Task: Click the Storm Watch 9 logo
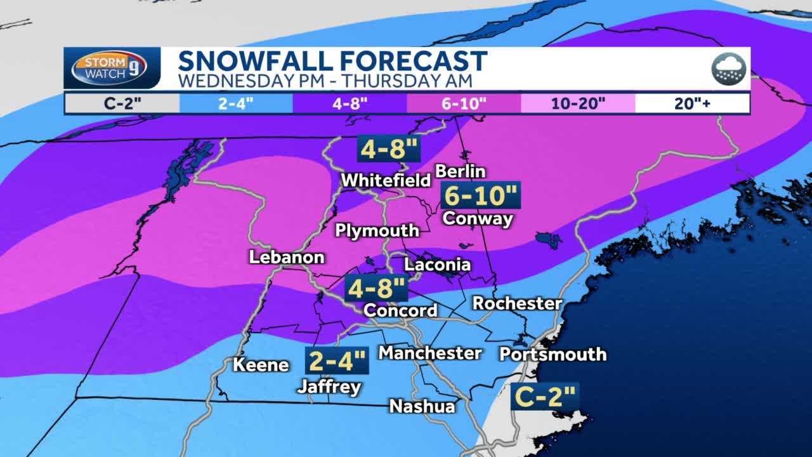[x=110, y=67]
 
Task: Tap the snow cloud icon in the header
[x=728, y=68]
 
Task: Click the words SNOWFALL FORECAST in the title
[x=332, y=61]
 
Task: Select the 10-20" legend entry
[x=578, y=103]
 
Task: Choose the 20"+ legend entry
[x=692, y=103]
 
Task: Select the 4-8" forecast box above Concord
[x=376, y=289]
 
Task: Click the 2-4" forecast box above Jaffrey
[x=336, y=361]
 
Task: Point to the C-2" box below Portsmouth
[x=545, y=397]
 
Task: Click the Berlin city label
[x=460, y=171]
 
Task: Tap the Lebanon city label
[x=287, y=257]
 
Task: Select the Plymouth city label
[x=377, y=230]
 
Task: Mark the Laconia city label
[x=437, y=265]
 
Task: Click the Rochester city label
[x=517, y=303]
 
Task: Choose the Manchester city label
[x=430, y=353]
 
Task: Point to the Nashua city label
[x=422, y=406]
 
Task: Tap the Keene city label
[x=261, y=365]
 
